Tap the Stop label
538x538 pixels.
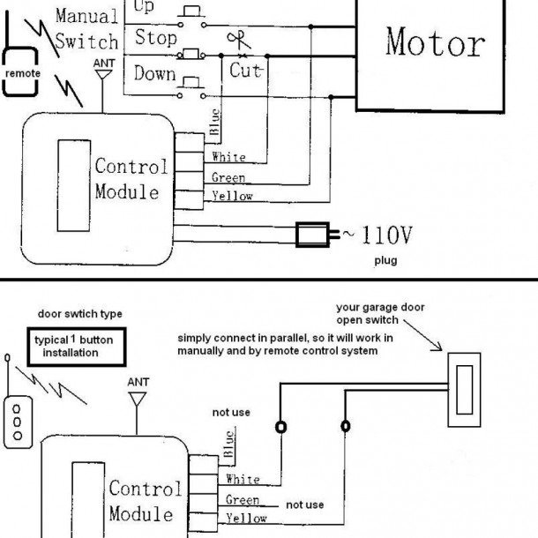pyautogui.click(x=156, y=39)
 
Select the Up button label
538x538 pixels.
pyautogui.click(x=144, y=8)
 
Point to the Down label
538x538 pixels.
pyautogui.click(x=155, y=73)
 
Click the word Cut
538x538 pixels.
pyautogui.click(x=246, y=70)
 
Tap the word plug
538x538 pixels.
pyautogui.click(x=385, y=261)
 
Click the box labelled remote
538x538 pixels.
pyautogui.click(x=22, y=74)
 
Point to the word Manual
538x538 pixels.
pyautogui.click(x=87, y=16)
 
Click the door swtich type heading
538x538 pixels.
pyautogui.click(x=80, y=314)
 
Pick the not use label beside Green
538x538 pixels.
pyautogui.click(x=304, y=504)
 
